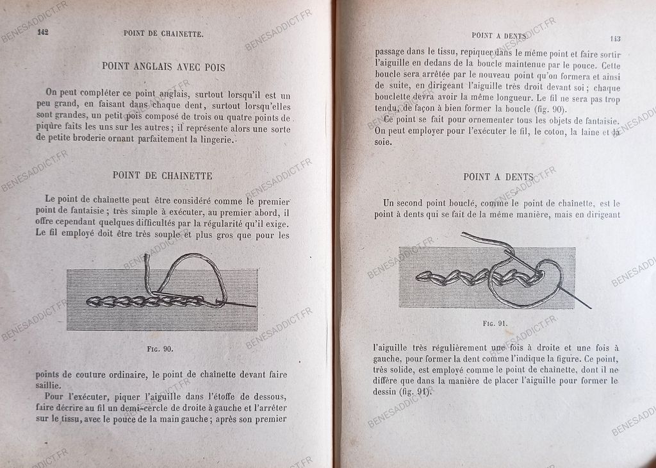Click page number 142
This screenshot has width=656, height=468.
(x=44, y=31)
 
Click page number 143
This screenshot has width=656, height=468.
(x=615, y=38)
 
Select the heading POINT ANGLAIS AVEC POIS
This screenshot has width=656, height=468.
(x=163, y=66)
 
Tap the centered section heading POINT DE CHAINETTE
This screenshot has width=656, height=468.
(x=162, y=175)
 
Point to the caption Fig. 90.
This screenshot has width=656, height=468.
(x=159, y=349)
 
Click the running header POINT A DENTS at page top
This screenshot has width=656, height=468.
(x=498, y=36)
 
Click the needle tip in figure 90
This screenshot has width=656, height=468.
(x=254, y=306)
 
